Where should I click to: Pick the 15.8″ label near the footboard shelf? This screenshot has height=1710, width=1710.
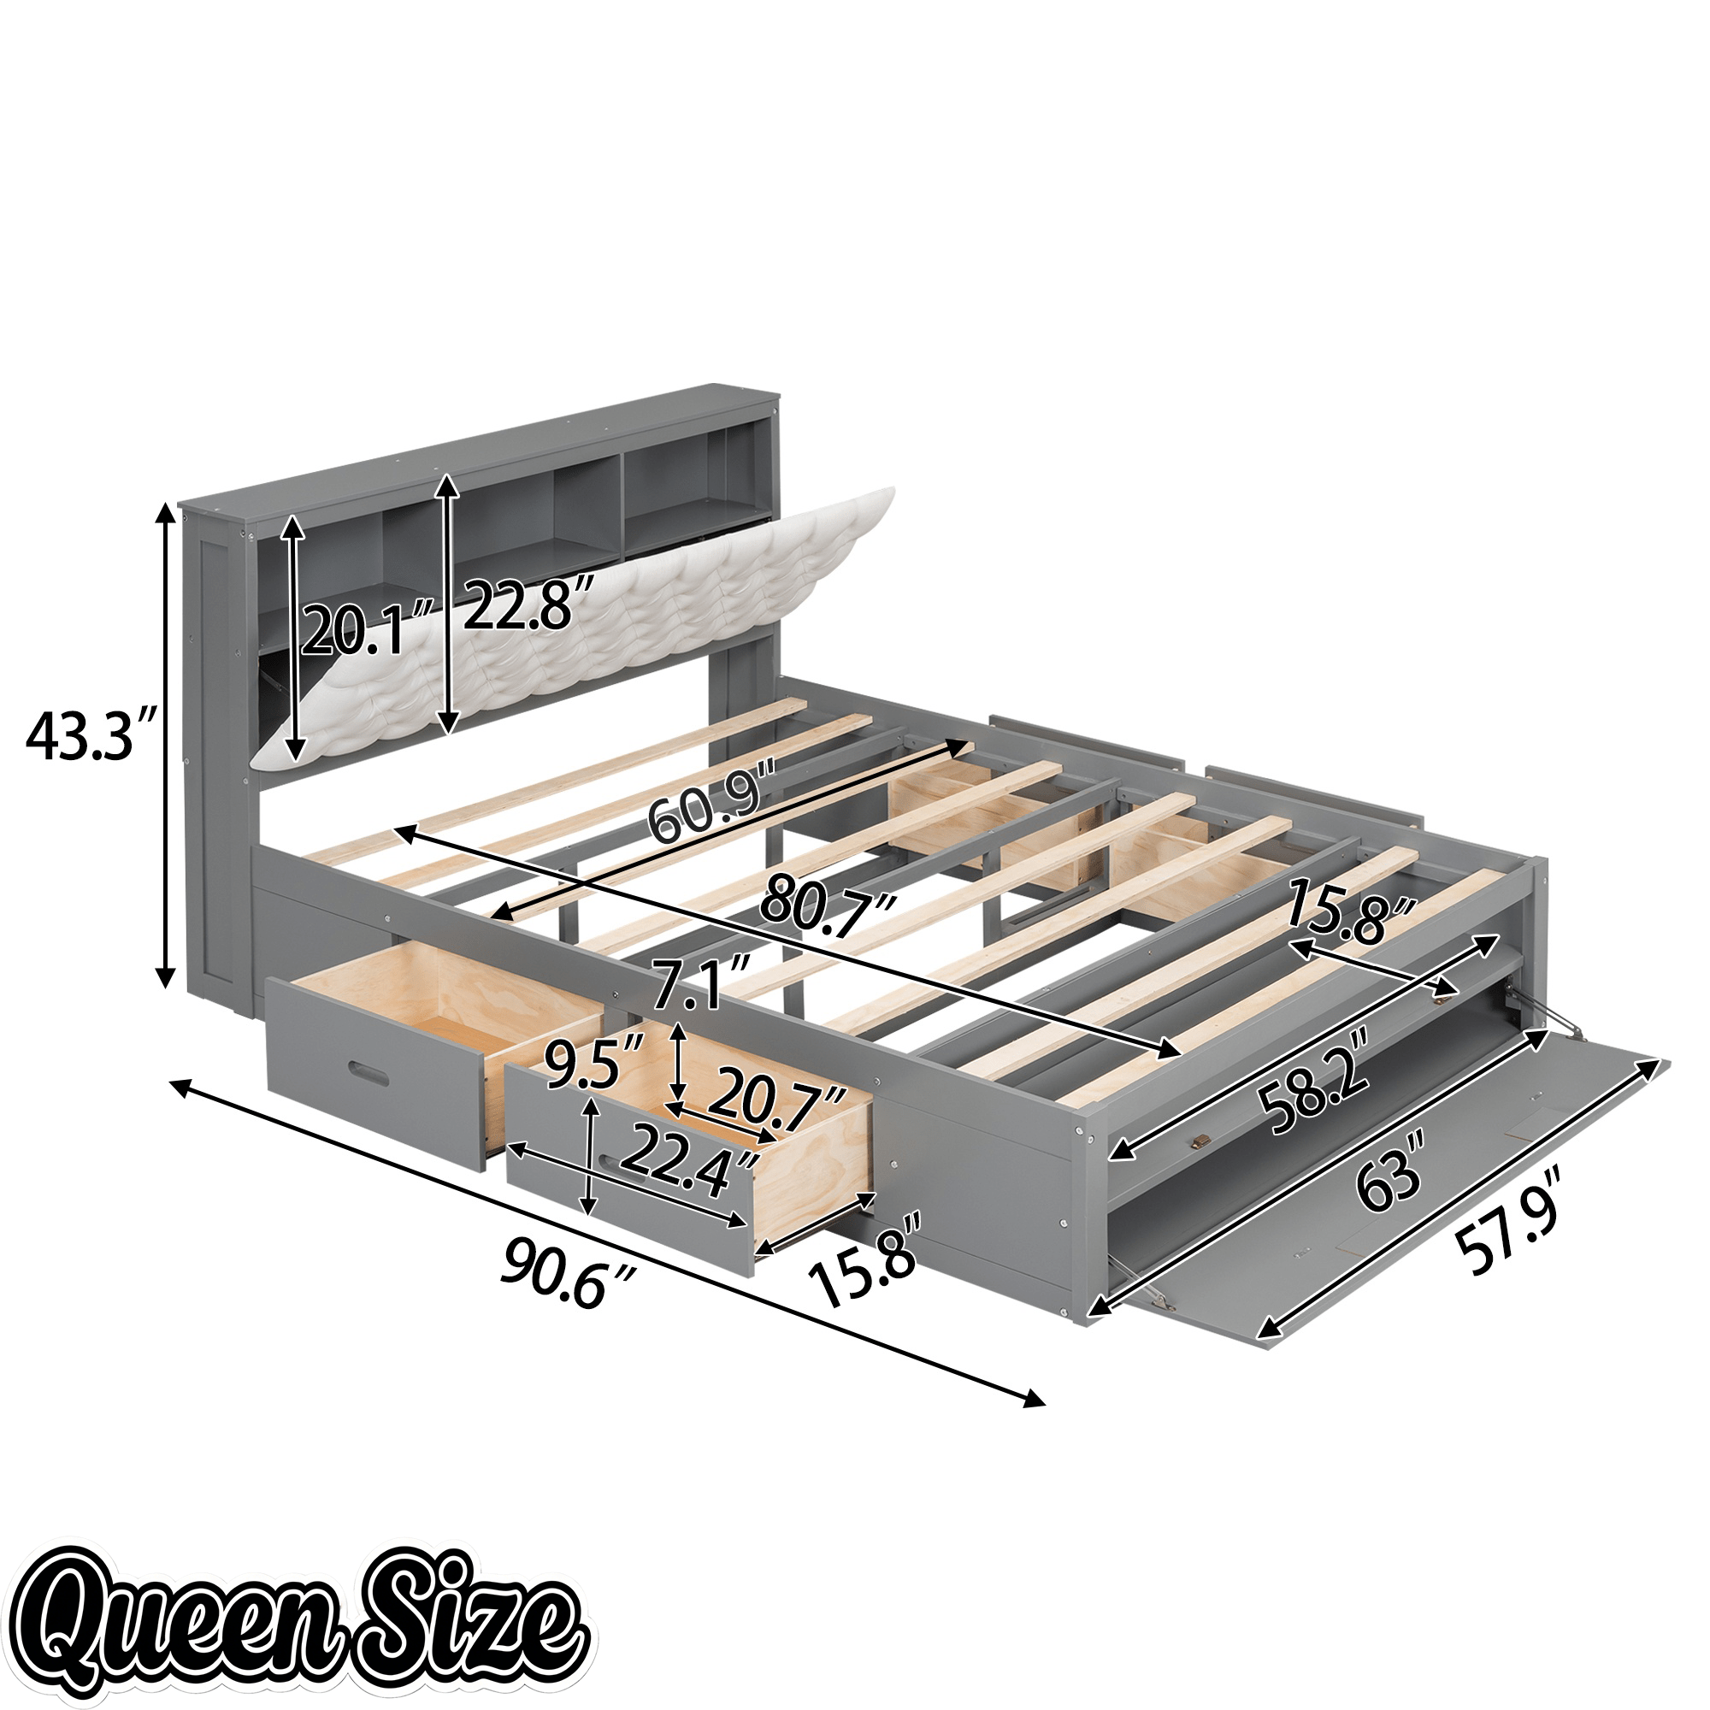(x=1348, y=911)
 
